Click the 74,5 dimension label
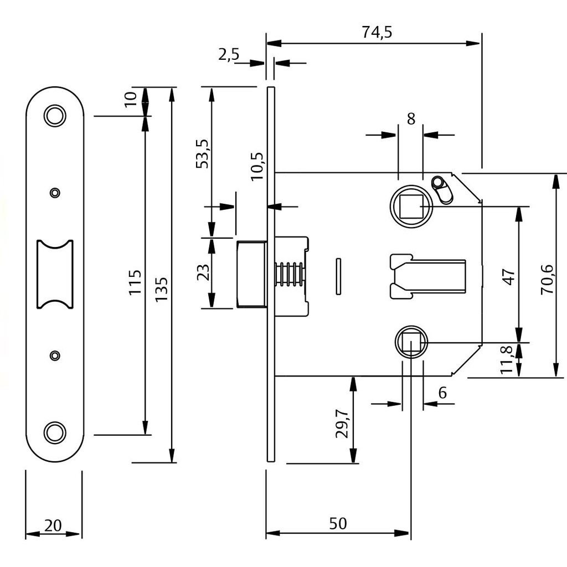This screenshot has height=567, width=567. (x=377, y=32)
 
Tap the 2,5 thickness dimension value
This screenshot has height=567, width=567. (x=229, y=55)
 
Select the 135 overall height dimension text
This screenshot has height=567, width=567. (x=161, y=289)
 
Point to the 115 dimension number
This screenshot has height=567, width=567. (x=135, y=282)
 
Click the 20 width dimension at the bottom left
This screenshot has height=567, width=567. (x=53, y=525)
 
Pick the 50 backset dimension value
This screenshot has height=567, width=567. (x=338, y=523)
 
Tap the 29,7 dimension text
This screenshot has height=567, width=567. (x=342, y=424)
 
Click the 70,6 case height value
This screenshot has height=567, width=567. (x=547, y=279)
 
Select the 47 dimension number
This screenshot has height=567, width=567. (x=509, y=277)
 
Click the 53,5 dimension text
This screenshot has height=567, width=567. (x=202, y=154)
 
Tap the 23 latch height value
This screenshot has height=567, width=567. (x=203, y=272)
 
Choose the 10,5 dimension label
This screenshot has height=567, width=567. (x=256, y=166)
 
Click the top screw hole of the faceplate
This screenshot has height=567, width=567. (x=55, y=115)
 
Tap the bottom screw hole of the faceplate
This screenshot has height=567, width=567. (x=55, y=432)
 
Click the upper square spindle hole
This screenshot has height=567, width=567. (x=411, y=206)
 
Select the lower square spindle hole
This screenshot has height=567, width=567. (x=411, y=342)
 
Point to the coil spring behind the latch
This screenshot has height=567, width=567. (x=288, y=274)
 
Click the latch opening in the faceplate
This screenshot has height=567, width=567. (x=55, y=274)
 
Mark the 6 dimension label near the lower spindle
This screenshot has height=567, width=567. (x=442, y=393)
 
